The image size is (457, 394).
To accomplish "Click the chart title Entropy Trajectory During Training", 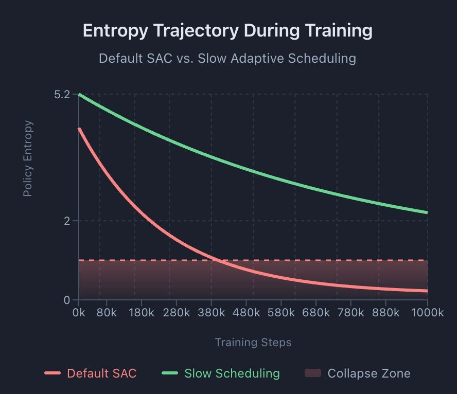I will point(227,31).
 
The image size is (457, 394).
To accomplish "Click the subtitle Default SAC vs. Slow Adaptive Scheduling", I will point(227,58).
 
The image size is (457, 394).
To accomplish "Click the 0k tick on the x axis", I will point(79,313).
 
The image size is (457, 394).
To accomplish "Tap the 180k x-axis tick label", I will point(141,313).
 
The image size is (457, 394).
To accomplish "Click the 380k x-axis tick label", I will point(212,313).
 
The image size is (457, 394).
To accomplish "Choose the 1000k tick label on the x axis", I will point(427,313).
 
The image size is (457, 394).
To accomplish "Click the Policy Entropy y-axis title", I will point(28,158).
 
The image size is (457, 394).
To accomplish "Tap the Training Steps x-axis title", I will point(253,343).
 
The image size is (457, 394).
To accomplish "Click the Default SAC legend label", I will point(102,373).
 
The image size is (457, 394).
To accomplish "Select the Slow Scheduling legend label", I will point(232,373).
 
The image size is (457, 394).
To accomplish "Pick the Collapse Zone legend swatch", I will point(313,373).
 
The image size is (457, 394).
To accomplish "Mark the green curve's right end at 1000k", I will point(427,212).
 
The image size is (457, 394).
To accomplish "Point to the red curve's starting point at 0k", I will point(79,129).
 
